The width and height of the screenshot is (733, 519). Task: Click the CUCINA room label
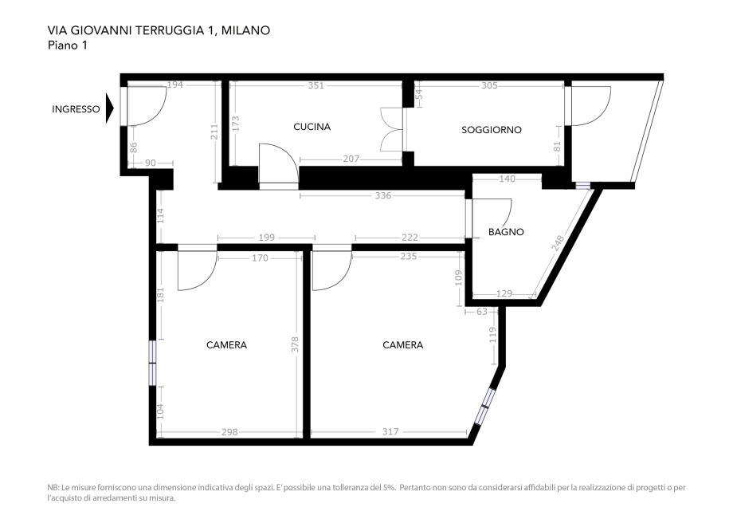(312, 127)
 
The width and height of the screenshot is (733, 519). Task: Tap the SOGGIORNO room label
(492, 130)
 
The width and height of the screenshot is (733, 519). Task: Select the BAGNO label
(506, 232)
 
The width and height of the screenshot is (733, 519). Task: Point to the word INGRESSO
(76, 110)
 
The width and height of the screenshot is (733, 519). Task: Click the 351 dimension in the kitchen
(316, 85)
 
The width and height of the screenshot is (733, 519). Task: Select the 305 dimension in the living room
(490, 85)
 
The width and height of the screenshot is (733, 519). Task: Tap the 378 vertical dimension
(295, 344)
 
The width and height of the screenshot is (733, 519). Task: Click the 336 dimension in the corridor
(383, 195)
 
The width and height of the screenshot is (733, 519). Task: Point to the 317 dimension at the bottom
(390, 432)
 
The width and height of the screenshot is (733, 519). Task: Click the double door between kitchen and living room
(394, 129)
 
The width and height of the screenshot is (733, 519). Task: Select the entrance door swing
(143, 105)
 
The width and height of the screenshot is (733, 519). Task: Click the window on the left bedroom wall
(153, 363)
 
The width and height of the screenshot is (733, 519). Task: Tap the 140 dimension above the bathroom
(507, 179)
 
